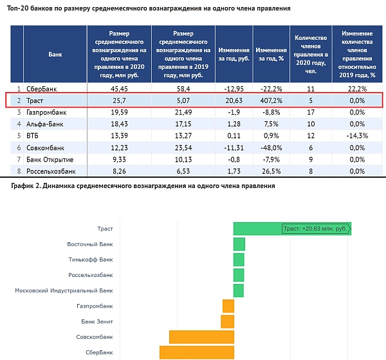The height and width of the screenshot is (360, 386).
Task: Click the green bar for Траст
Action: [x=292, y=229]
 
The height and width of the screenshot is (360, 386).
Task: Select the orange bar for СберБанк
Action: [x=197, y=352]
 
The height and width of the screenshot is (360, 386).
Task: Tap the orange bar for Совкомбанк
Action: [x=201, y=337]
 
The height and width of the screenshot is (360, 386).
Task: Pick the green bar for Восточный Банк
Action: [x=239, y=244]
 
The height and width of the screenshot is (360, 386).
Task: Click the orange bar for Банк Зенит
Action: [x=228, y=321]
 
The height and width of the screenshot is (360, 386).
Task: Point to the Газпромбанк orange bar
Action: [x=228, y=306]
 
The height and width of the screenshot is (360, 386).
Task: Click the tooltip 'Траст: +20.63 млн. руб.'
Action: [x=317, y=229]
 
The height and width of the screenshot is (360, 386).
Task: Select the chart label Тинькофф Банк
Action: [x=91, y=260]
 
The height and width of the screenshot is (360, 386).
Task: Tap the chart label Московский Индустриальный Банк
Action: [x=64, y=290]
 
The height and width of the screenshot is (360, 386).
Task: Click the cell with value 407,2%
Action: [x=271, y=100]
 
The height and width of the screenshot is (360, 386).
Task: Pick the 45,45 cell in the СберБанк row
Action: [x=119, y=89]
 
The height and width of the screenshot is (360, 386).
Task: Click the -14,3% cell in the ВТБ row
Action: [x=357, y=136]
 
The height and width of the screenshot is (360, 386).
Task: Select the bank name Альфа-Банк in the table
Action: [x=45, y=124]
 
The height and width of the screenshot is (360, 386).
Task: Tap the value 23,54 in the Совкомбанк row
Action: [x=183, y=147]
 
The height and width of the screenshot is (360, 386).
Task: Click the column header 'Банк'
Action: [x=55, y=54]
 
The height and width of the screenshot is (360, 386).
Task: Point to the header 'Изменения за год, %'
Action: [x=271, y=54]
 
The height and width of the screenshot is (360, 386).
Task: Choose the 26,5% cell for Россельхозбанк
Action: [x=271, y=171]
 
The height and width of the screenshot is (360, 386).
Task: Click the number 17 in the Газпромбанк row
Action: [x=311, y=112]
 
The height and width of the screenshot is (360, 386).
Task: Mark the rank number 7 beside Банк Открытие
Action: [x=19, y=160]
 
